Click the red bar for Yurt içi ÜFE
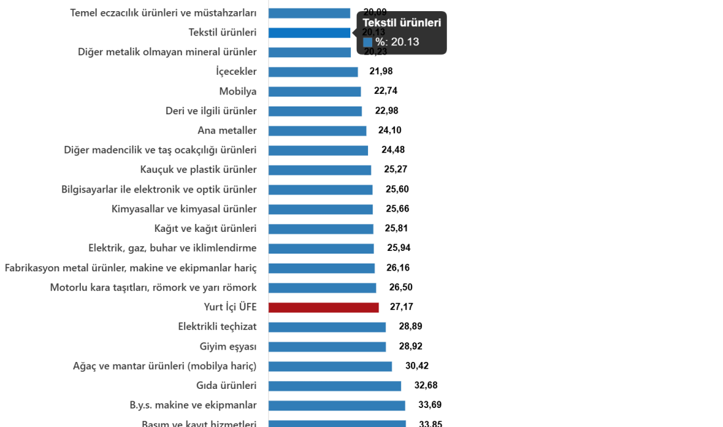(x=323, y=307)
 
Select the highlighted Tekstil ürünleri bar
(x=310, y=33)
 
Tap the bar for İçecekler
(x=314, y=72)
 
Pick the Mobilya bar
(x=315, y=92)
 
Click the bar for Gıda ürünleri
(x=335, y=386)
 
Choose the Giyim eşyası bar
(x=327, y=347)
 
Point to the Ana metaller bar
(x=317, y=131)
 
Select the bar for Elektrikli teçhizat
(x=327, y=327)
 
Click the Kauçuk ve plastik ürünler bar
(x=319, y=170)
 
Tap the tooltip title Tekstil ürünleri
(x=402, y=23)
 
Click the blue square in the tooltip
(x=367, y=42)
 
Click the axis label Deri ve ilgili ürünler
(x=211, y=111)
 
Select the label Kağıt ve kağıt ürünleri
(x=205, y=229)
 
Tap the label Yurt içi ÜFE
(x=230, y=307)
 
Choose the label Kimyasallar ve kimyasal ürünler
(x=184, y=210)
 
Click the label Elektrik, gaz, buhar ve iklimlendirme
(x=172, y=248)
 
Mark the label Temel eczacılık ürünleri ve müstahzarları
(x=163, y=13)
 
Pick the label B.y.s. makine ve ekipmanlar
(x=193, y=405)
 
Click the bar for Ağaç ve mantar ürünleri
(x=330, y=367)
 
